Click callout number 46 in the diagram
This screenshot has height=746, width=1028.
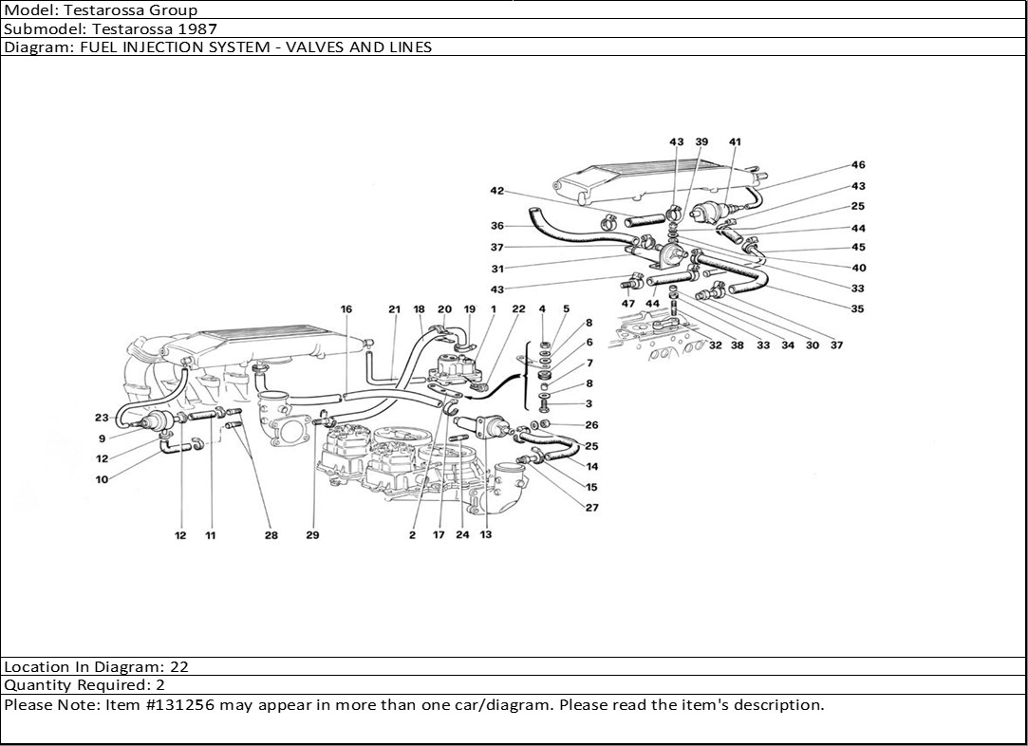tap(858, 165)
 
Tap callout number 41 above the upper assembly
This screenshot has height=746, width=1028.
tap(735, 142)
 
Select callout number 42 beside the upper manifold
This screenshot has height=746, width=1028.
tap(496, 191)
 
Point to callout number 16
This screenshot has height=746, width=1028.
tap(346, 309)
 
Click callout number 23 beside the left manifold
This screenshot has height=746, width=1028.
tap(102, 418)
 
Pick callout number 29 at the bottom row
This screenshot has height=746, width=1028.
tap(312, 535)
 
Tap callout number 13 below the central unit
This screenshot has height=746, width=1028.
tap(486, 535)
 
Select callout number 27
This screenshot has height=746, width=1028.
tap(592, 508)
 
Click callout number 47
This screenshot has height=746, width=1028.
tap(628, 303)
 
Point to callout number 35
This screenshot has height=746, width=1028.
tap(858, 308)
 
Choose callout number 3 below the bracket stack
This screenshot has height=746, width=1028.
tap(589, 404)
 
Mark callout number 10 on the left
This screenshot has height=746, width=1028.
tap(102, 479)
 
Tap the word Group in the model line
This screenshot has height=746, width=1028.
tap(176, 10)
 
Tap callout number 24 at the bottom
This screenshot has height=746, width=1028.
tap(462, 535)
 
